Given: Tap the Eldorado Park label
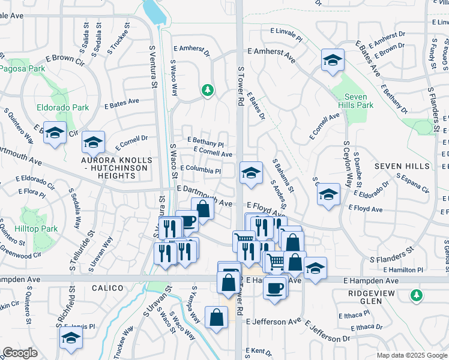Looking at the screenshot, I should point(63,108).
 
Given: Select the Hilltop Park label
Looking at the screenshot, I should point(41,229).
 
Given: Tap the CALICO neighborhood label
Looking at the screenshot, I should point(91,288).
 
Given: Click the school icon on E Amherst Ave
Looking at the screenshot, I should point(333,60).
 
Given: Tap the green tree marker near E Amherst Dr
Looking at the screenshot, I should point(208,90).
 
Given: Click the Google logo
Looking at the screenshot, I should point(20,353).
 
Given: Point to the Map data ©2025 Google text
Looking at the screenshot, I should point(411,355).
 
